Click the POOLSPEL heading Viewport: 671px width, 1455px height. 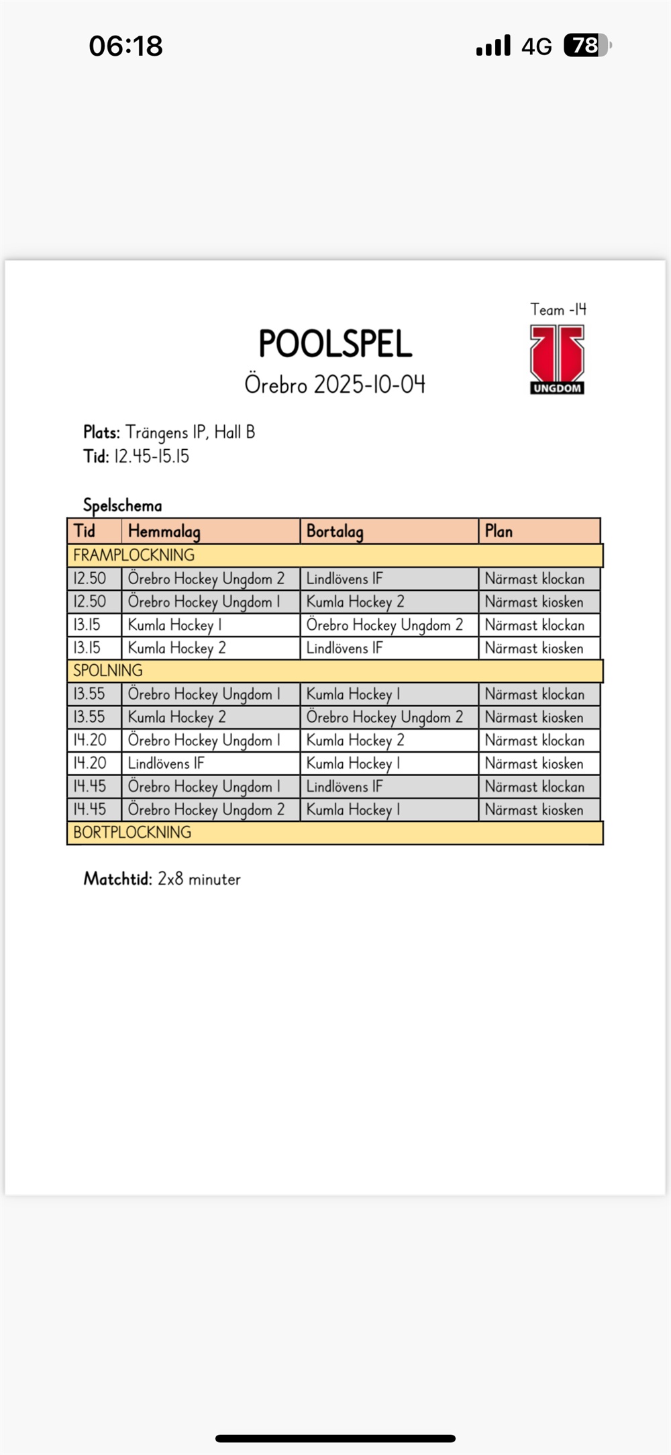[335, 344]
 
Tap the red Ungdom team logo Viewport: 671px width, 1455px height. [557, 359]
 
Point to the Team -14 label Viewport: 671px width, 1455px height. [558, 310]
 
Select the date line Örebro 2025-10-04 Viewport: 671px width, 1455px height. [335, 384]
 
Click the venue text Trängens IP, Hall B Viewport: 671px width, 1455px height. [190, 432]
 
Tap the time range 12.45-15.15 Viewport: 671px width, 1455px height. [152, 457]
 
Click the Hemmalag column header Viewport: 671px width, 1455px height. [164, 531]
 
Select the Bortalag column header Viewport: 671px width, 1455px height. [335, 531]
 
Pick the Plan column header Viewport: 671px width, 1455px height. [499, 531]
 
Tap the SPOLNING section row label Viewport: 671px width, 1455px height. [107, 670]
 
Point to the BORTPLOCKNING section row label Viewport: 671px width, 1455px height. [132, 833]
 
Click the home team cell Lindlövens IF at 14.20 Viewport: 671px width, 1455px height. [166, 763]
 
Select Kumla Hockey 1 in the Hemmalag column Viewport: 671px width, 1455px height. [174, 625]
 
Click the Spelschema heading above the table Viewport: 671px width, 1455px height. [122, 505]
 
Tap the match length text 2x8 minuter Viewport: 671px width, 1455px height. [199, 879]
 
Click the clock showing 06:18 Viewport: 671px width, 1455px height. [125, 46]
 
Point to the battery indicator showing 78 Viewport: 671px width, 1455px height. [587, 46]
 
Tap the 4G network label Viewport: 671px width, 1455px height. [536, 46]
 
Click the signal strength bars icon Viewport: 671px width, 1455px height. [493, 46]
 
